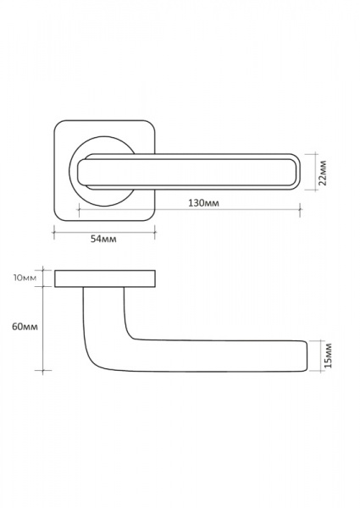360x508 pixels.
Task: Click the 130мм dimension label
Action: pos(203,203)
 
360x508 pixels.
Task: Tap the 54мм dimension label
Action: pos(103,239)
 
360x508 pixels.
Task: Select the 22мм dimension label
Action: pos(323,172)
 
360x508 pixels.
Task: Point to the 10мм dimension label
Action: pos(25,278)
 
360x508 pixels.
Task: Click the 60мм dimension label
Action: pos(25,326)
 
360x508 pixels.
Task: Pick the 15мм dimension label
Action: pos(328,355)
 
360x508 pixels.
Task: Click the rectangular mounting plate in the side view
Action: pos(105,279)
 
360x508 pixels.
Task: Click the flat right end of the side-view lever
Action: pos(307,356)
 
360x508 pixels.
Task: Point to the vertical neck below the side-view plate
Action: pos(103,311)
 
